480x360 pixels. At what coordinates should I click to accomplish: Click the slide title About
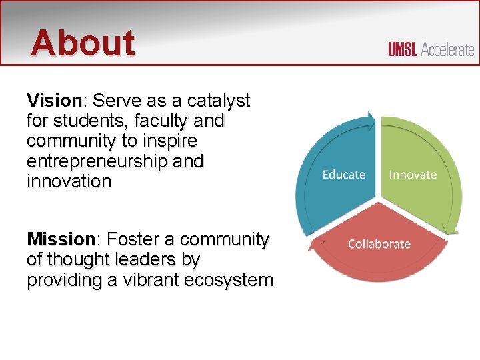(83, 43)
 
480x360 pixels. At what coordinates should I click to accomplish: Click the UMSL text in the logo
(403, 50)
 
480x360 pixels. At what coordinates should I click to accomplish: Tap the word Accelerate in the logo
(447, 50)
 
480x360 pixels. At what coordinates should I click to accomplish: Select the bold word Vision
(53, 101)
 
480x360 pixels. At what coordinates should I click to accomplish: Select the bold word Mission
(61, 239)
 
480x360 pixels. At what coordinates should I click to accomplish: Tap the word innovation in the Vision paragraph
(69, 181)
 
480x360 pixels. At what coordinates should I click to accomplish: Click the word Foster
(133, 239)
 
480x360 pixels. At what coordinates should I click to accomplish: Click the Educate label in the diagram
(344, 175)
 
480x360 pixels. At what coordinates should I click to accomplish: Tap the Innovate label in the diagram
(413, 175)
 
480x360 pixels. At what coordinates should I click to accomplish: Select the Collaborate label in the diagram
(379, 243)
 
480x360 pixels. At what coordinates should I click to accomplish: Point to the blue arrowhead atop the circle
(369, 121)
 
